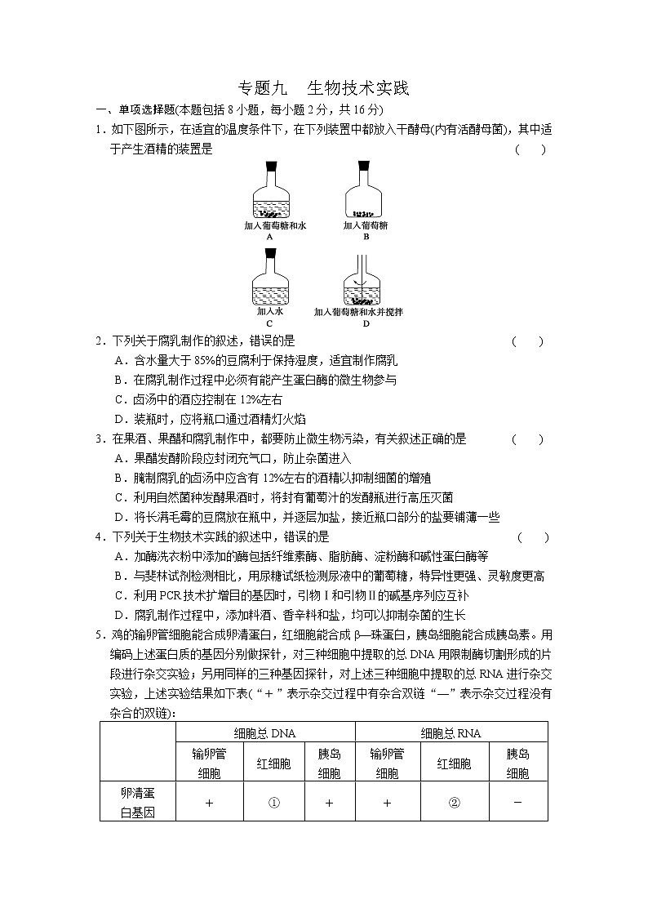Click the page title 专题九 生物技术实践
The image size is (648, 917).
coord(322,88)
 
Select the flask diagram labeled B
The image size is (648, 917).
coord(365,191)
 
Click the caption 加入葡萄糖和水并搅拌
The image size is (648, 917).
coord(358,312)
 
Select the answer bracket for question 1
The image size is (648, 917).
coord(530,149)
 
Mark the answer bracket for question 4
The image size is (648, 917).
coord(533,537)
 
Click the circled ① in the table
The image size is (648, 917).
coord(274,803)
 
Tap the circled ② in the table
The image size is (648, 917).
coord(454,803)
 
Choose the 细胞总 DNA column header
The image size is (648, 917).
coord(264,733)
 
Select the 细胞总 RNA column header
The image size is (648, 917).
coord(450,733)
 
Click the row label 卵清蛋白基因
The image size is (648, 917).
coord(137,803)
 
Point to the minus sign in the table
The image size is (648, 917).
coord(517,802)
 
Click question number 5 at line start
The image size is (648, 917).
coord(100,634)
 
